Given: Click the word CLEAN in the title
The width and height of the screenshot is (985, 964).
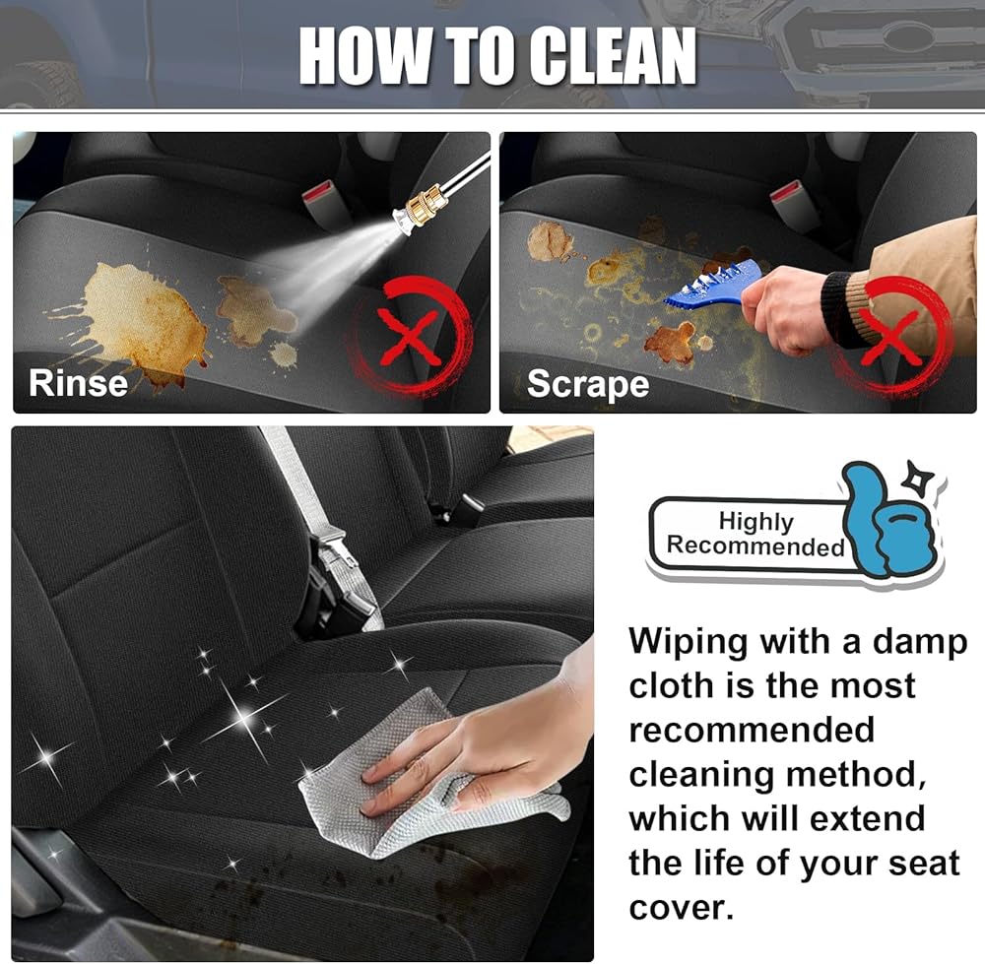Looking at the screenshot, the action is [613, 55].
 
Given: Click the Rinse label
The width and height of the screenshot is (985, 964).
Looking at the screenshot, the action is [78, 382].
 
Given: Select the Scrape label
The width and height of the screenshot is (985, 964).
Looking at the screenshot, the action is [588, 384].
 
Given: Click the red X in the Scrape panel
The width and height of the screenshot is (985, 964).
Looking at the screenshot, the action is [890, 339].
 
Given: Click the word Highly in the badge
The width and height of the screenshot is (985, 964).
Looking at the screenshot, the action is [755, 521].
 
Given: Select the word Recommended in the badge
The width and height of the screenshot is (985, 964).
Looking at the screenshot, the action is [755, 546].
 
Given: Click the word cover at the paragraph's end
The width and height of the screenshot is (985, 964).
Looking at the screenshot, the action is [681, 908].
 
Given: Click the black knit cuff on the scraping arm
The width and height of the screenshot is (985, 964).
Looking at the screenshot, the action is [837, 308].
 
